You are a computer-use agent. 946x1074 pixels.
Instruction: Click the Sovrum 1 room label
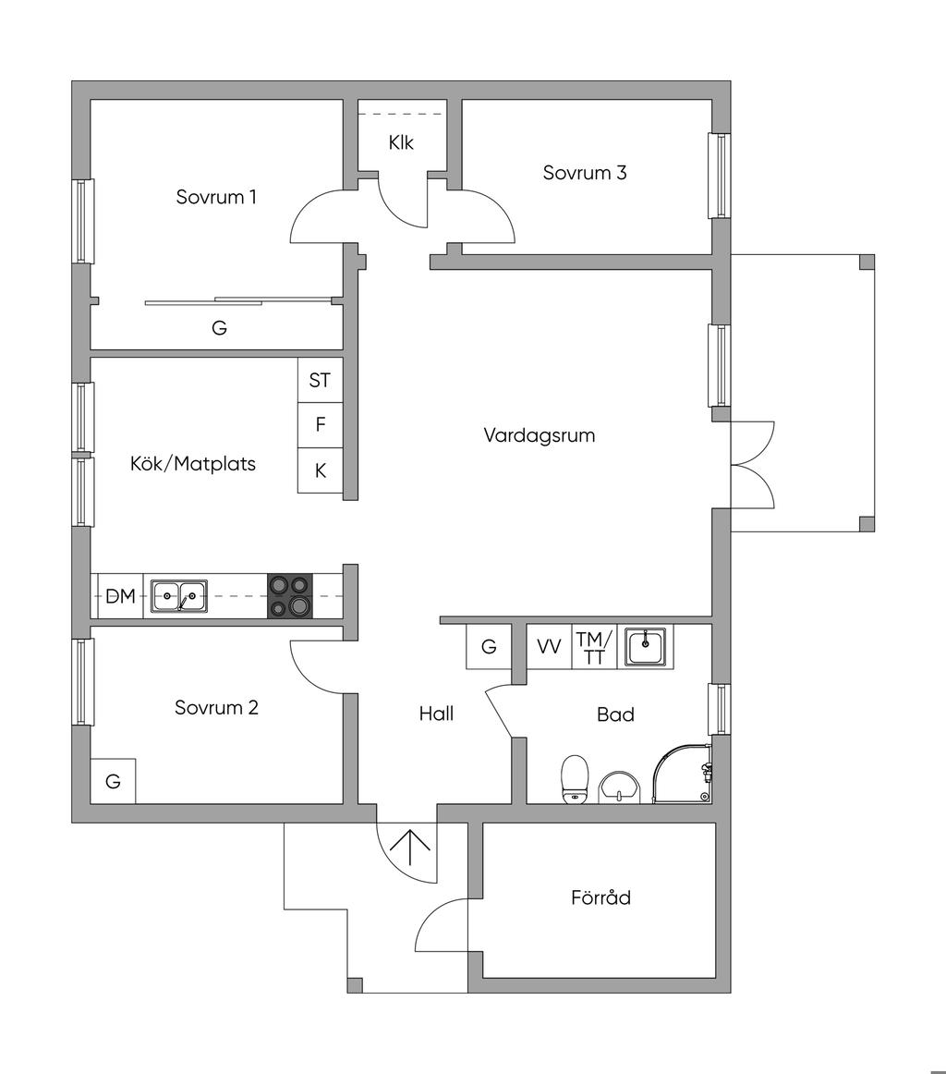[x=216, y=197]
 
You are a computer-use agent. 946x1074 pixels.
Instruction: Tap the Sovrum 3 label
[x=585, y=173]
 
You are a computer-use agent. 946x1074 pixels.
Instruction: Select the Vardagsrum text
[x=540, y=435]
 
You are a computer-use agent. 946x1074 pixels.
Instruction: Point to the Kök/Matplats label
[x=193, y=464]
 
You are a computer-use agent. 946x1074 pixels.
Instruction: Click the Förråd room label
[x=600, y=897]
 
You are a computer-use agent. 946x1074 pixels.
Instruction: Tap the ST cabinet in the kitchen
[x=320, y=380]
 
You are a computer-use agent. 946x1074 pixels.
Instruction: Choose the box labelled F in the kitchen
[x=320, y=425]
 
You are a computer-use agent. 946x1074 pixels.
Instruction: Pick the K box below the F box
[x=320, y=470]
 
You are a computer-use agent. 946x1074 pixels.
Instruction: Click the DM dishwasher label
[x=120, y=596]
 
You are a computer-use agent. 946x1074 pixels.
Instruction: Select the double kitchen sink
[x=179, y=596]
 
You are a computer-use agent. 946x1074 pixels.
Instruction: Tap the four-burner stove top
[x=290, y=596]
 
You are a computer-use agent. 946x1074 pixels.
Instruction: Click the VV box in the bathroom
[x=549, y=647]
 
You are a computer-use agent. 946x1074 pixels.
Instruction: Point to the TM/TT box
[x=594, y=647]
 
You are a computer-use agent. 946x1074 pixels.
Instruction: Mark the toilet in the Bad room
[x=575, y=779]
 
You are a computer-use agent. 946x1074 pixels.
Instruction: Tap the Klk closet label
[x=402, y=143]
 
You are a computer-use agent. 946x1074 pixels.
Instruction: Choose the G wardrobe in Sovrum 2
[x=113, y=781]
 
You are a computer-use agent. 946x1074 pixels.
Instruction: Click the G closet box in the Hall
[x=489, y=647]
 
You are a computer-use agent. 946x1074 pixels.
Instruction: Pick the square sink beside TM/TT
[x=646, y=646]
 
